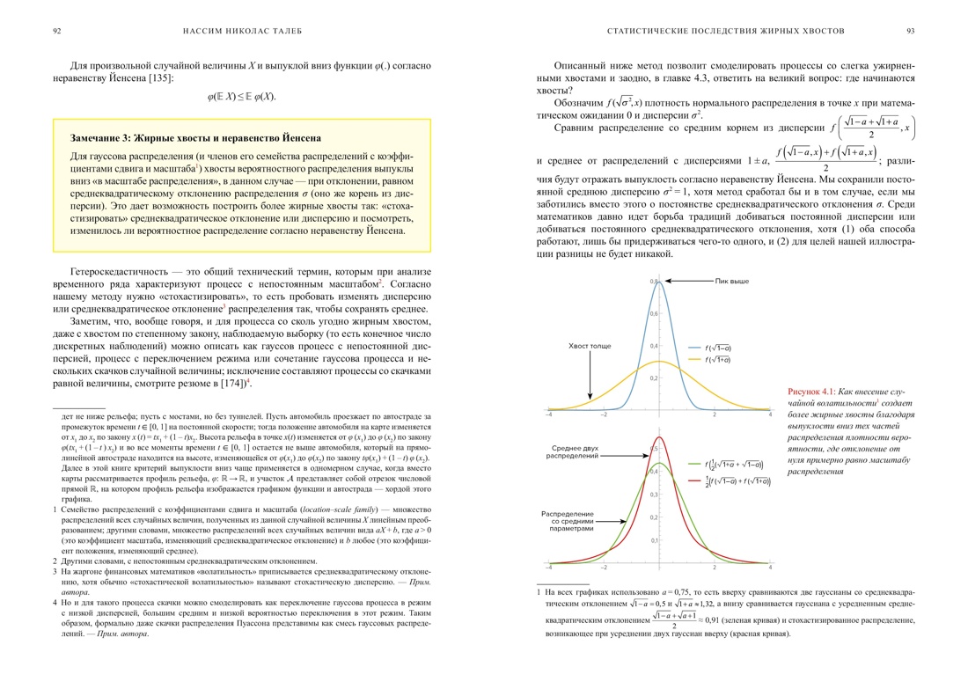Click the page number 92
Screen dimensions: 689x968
tap(56, 31)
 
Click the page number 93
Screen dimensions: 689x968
tap(912, 31)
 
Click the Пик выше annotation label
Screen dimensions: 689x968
tap(732, 281)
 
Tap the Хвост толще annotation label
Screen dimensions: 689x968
tap(590, 346)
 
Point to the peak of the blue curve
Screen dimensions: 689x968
tap(660, 282)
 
